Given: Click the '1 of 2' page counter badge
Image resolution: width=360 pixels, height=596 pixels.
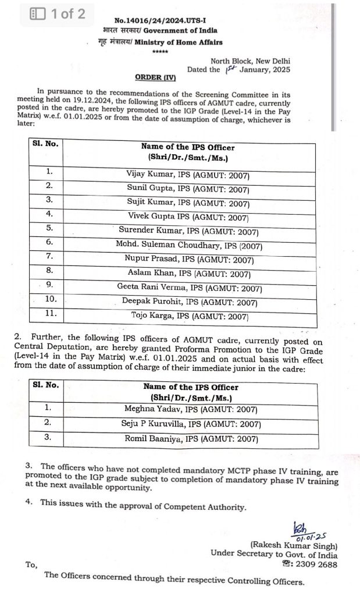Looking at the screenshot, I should click(60, 14).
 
